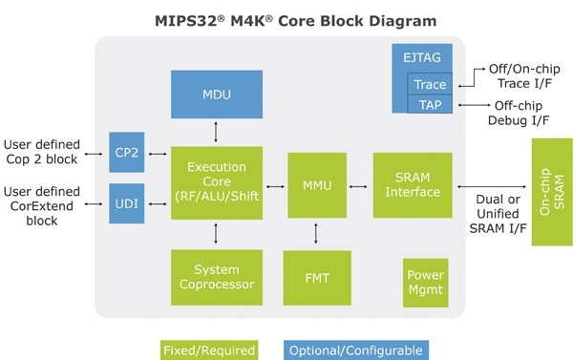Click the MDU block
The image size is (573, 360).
[216, 95]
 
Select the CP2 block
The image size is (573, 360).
[125, 152]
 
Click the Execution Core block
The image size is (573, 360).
[216, 183]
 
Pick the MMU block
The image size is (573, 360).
[315, 183]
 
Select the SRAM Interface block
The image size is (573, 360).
[413, 183]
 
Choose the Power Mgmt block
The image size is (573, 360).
[425, 283]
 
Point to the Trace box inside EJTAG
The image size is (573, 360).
[429, 84]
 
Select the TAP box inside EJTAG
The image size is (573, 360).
[429, 104]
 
